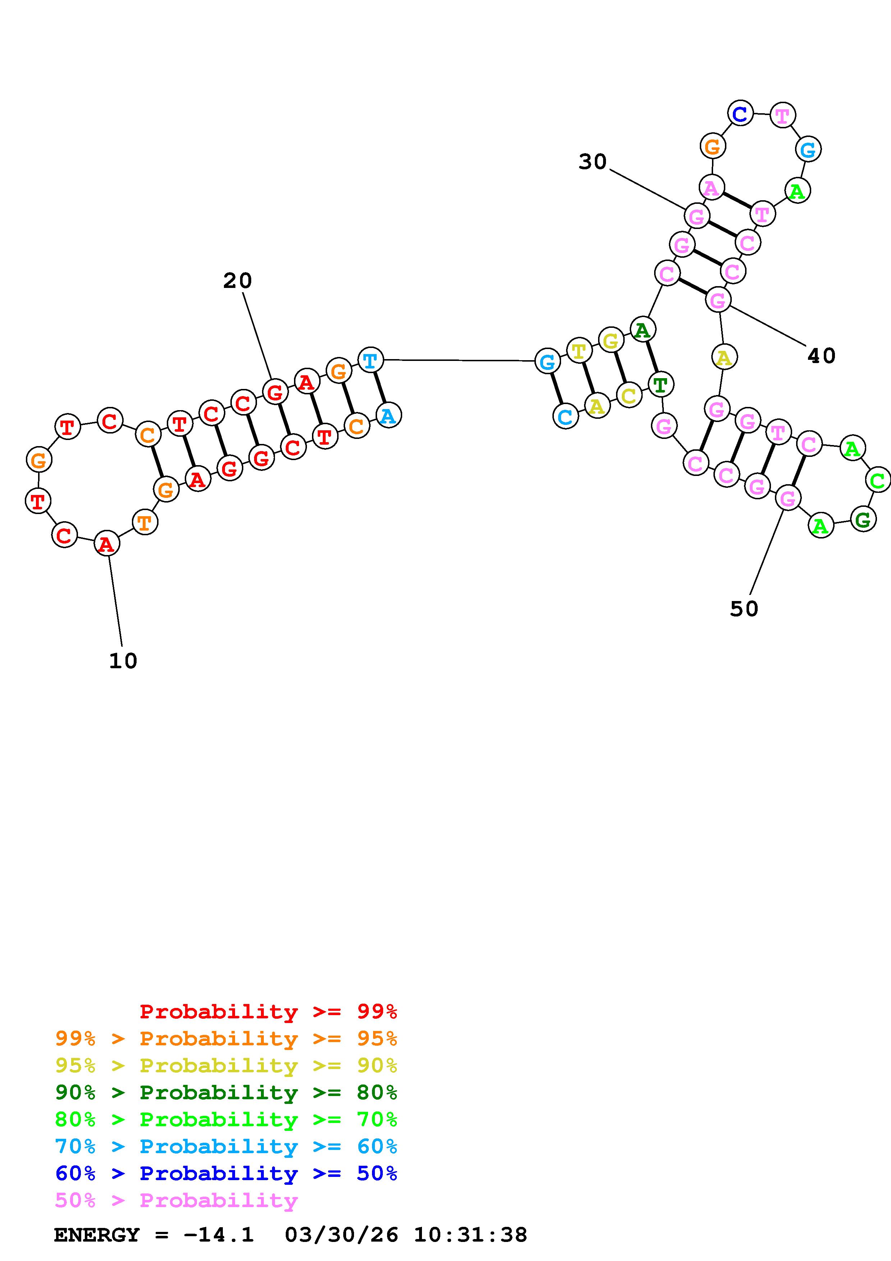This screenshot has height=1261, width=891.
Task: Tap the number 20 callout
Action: click(237, 281)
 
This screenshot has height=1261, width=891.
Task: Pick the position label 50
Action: click(744, 609)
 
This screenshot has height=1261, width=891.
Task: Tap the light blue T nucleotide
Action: click(371, 360)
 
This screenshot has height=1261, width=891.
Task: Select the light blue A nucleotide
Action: click(389, 415)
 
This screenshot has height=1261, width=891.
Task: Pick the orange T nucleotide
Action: click(145, 522)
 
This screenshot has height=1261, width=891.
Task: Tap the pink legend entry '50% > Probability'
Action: click(176, 1201)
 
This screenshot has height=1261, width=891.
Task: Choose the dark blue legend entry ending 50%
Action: click(226, 1174)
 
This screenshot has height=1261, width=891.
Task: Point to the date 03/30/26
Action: click(341, 1235)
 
